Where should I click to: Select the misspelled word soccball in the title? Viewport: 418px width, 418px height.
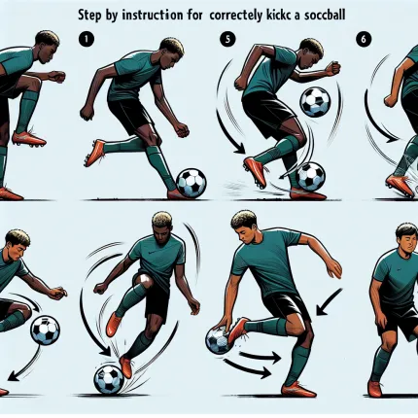pos(325,15)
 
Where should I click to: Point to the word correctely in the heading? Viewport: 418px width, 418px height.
pos(235,16)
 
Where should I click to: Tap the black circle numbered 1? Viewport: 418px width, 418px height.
pos(87,39)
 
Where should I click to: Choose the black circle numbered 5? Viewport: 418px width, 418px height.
pos(227,39)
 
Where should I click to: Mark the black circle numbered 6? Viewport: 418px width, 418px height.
pos(364,39)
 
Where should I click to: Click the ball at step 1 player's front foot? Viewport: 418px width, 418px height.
pos(192,183)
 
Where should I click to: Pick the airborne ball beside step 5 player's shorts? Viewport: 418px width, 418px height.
pos(315,101)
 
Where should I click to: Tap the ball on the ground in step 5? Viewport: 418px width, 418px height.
pos(311,177)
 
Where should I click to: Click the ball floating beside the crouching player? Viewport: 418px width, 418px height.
pos(45,331)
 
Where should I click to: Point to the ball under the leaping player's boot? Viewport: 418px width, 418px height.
pos(109,379)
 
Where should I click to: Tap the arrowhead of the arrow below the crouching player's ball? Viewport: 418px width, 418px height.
pos(12,376)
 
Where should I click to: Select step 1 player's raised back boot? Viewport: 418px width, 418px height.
pos(94,153)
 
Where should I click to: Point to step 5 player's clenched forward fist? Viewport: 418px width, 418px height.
pos(333,68)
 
